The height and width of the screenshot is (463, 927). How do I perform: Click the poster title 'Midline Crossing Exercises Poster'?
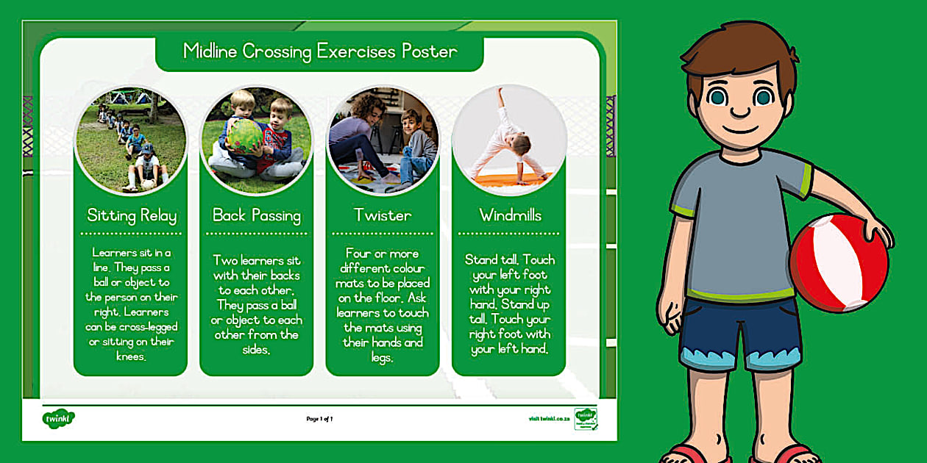(319, 51)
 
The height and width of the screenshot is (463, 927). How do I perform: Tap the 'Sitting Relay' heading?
(131, 215)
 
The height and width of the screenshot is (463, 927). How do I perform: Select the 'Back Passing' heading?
(257, 215)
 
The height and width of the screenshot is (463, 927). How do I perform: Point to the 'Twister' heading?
(383, 215)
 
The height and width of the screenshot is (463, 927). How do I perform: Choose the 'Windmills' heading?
(510, 215)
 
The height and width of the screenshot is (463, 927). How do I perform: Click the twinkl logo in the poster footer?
(58, 418)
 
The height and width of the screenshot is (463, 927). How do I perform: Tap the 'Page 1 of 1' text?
(320, 419)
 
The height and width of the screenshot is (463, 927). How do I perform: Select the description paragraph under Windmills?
(510, 304)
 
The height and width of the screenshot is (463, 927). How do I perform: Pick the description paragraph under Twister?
(383, 304)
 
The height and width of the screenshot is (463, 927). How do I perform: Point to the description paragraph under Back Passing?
(257, 304)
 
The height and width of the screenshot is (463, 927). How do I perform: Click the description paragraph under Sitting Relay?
(131, 304)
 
